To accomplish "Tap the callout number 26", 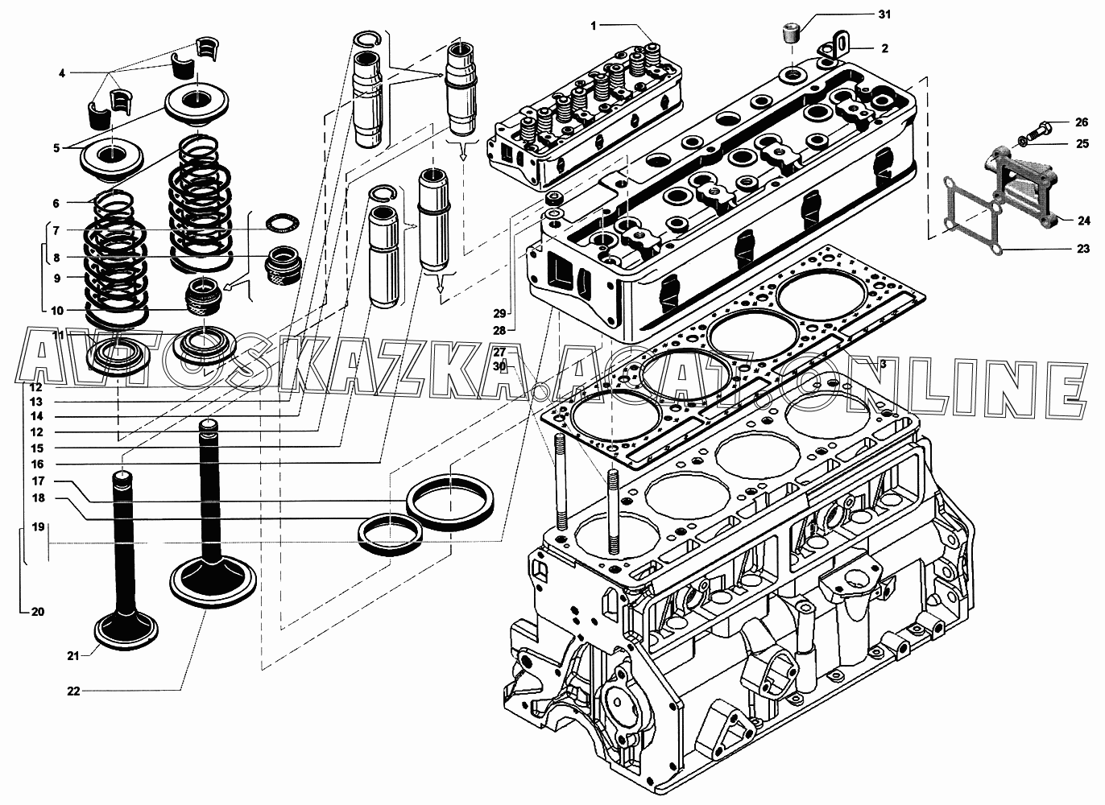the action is [1082, 122].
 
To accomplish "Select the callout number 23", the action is [1082, 249].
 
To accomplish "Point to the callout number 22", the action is [74, 691].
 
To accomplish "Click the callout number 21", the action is [73, 656].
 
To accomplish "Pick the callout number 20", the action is [38, 612].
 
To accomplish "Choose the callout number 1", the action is [594, 26].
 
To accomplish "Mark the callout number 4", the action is [62, 74].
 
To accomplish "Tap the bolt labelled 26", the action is [1035, 128].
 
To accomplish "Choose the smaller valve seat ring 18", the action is [390, 535].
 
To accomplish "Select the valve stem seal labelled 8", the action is [283, 264].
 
